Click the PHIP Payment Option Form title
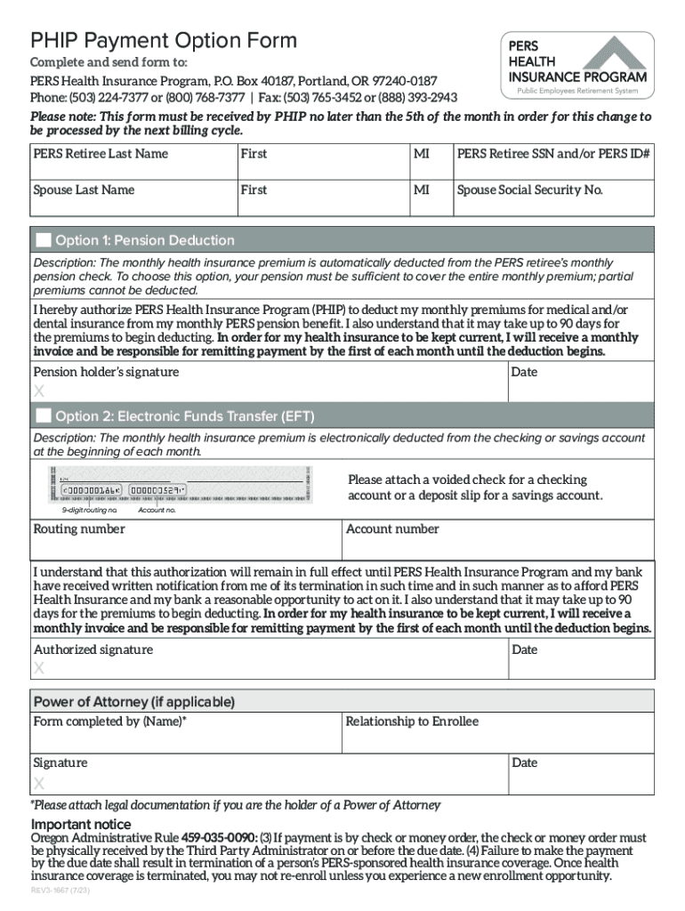pos(164,40)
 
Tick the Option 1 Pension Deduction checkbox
pos(44,240)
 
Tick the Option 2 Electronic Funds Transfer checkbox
pos(44,416)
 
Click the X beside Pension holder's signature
pos(38,392)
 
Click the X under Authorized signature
pos(38,669)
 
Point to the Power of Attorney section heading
pos(133,702)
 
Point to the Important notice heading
pos(81,824)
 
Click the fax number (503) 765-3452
pos(318,98)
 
